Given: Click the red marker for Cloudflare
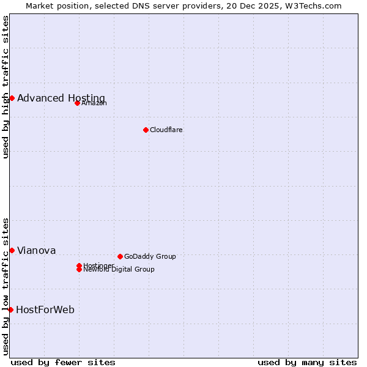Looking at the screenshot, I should click(x=146, y=130).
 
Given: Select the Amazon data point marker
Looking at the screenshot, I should click(x=77, y=103).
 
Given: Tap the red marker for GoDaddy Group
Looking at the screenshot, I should click(x=120, y=256).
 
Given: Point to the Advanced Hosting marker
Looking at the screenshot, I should click(x=12, y=98).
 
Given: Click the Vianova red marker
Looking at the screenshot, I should click(x=12, y=250).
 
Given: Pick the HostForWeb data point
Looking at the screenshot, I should click(x=10, y=310).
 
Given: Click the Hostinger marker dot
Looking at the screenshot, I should click(x=79, y=265).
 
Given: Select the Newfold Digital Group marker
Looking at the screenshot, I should click(x=79, y=270).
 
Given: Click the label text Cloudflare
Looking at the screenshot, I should click(x=166, y=130).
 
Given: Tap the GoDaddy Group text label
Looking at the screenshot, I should click(x=150, y=256).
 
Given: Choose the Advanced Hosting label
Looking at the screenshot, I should click(x=61, y=98).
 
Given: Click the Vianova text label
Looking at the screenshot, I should click(x=37, y=251).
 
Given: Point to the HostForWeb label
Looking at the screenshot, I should click(x=45, y=310).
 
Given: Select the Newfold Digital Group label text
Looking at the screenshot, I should click(x=119, y=270).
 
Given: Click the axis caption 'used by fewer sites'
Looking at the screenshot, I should click(x=63, y=362).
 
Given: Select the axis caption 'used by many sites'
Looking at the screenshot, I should click(x=307, y=362).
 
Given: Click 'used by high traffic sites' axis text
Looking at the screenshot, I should click(x=6, y=86).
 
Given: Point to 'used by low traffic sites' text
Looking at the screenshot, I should click(x=6, y=286).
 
